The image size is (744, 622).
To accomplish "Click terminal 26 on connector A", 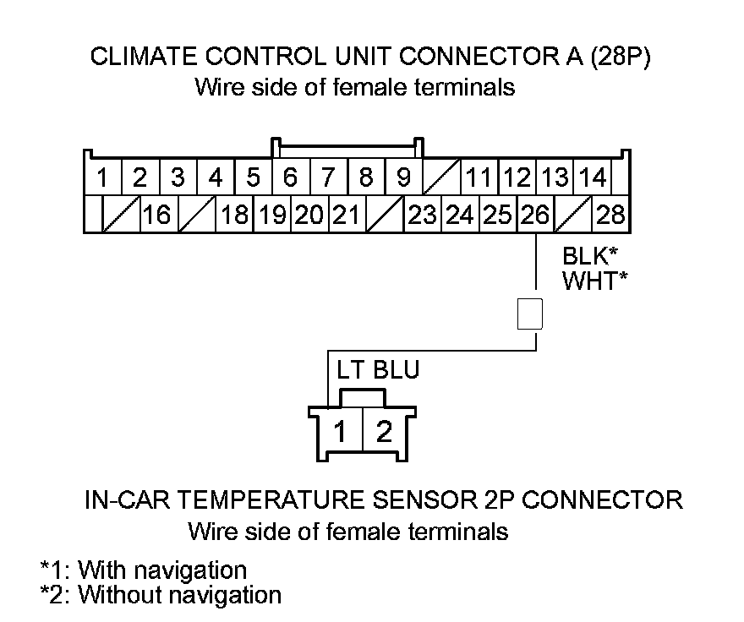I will [534, 215].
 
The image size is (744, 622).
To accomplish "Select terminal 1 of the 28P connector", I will [102, 178].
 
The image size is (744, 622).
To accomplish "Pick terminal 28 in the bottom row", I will [610, 215].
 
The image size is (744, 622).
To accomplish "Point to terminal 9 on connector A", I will [403, 178].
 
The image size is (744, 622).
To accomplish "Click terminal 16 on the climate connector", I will [156, 215].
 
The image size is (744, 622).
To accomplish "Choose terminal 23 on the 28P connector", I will [422, 215].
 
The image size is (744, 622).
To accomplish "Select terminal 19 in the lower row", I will [272, 215].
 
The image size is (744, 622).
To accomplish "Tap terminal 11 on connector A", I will [479, 178].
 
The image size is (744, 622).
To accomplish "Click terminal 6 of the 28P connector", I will [290, 178].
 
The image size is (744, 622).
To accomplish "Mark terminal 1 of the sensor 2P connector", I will [339, 433].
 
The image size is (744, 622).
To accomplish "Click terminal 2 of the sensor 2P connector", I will [385, 433].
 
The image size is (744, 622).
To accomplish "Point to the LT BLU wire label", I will [377, 370].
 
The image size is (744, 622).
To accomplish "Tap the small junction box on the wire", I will [529, 314].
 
